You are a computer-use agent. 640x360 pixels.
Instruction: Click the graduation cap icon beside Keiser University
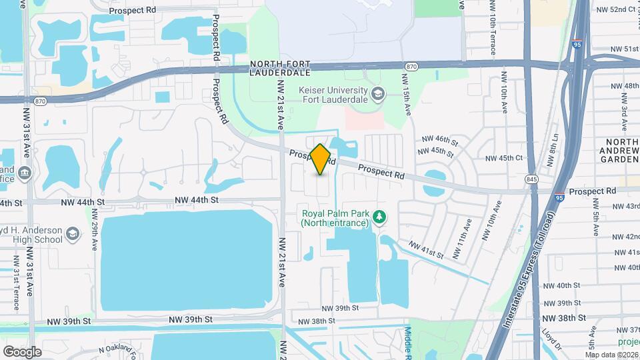tap(379, 93)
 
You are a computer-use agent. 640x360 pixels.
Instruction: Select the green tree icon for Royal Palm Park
tap(379, 216)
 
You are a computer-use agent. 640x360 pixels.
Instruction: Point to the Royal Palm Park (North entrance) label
tap(335, 219)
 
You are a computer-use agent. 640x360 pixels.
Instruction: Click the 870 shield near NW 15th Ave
tap(411, 66)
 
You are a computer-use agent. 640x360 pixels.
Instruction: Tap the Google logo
tap(22, 351)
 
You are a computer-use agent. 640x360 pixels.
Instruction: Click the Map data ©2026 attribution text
tap(612, 354)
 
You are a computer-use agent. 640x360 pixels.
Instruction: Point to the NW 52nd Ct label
tap(617, 9)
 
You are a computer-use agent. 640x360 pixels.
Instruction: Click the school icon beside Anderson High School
tap(73, 234)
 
